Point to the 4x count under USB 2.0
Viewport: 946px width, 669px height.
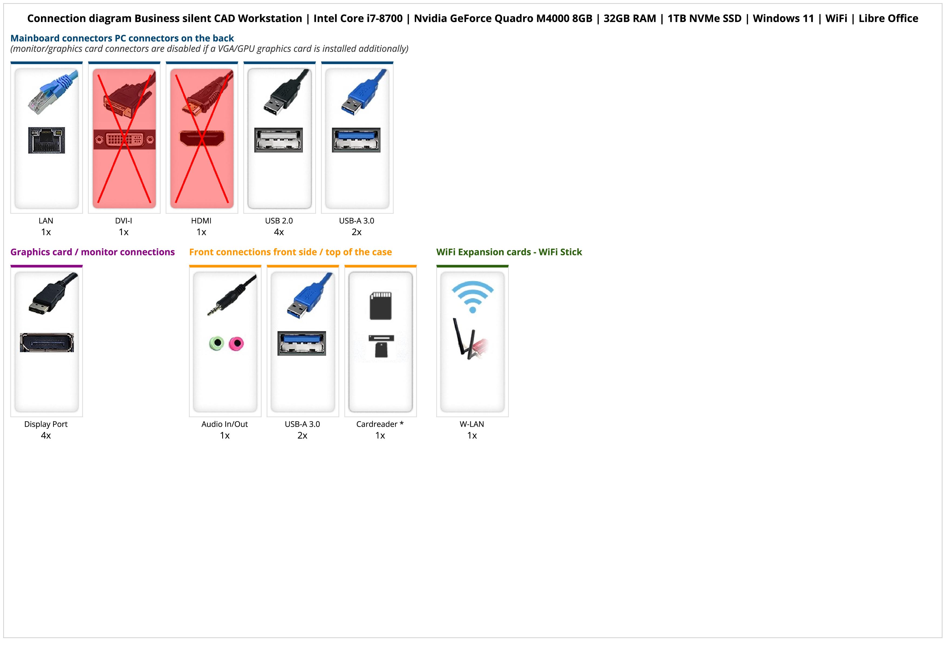[279, 232]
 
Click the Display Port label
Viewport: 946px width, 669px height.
[46, 424]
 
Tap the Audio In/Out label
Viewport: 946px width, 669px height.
[225, 424]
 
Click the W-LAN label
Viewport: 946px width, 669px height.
[472, 424]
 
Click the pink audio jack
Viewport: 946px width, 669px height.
[236, 343]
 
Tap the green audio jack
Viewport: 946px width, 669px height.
[217, 343]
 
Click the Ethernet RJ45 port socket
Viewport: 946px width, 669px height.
[47, 140]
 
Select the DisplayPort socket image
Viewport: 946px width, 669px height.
[47, 342]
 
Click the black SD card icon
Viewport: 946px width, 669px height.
[381, 306]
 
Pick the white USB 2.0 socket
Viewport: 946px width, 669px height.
[279, 140]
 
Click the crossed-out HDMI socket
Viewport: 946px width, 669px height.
[202, 138]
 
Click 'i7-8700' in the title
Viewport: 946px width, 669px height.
[378, 19]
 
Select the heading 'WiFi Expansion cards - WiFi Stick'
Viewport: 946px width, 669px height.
[509, 252]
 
